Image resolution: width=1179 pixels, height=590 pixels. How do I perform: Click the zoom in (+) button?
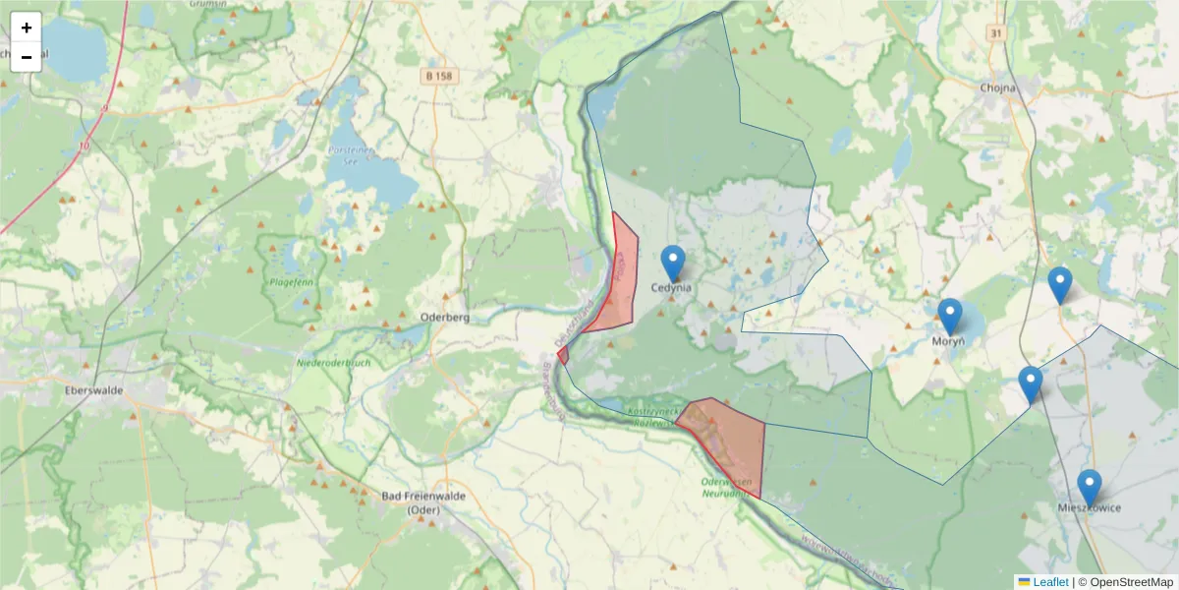(27, 28)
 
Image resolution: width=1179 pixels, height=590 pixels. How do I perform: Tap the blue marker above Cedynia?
(672, 263)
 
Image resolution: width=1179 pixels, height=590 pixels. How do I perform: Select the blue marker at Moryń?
(949, 316)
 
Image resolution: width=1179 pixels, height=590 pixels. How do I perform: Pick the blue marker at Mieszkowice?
(1089, 487)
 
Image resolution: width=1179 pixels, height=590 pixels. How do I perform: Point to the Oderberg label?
(445, 318)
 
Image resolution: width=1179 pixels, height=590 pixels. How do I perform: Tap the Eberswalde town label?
(92, 390)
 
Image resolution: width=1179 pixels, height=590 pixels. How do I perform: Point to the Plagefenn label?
(289, 283)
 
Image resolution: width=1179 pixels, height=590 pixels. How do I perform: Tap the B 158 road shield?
(444, 75)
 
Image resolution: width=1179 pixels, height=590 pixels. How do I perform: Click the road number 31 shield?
(996, 33)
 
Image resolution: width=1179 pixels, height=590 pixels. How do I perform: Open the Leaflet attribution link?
(1049, 582)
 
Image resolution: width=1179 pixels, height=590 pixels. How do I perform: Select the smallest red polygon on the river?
(563, 355)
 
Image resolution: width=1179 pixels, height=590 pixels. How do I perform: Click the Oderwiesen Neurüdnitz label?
(727, 488)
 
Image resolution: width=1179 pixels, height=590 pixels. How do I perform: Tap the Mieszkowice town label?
(1089, 507)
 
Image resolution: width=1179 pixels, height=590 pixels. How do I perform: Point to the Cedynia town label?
(672, 288)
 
